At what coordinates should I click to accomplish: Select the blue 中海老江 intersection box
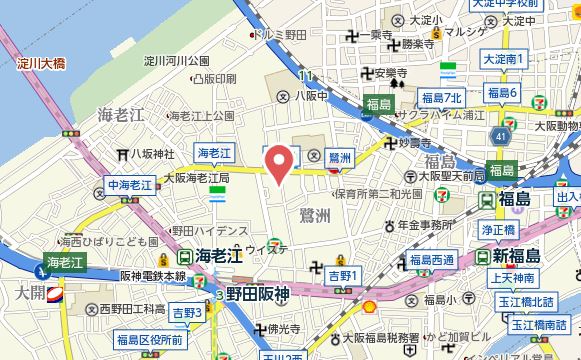[x=130, y=185]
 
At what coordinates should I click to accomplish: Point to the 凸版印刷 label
[x=213, y=78]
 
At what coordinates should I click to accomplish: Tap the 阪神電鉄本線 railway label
[x=153, y=275]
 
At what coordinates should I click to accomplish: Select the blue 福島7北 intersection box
[x=441, y=97]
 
